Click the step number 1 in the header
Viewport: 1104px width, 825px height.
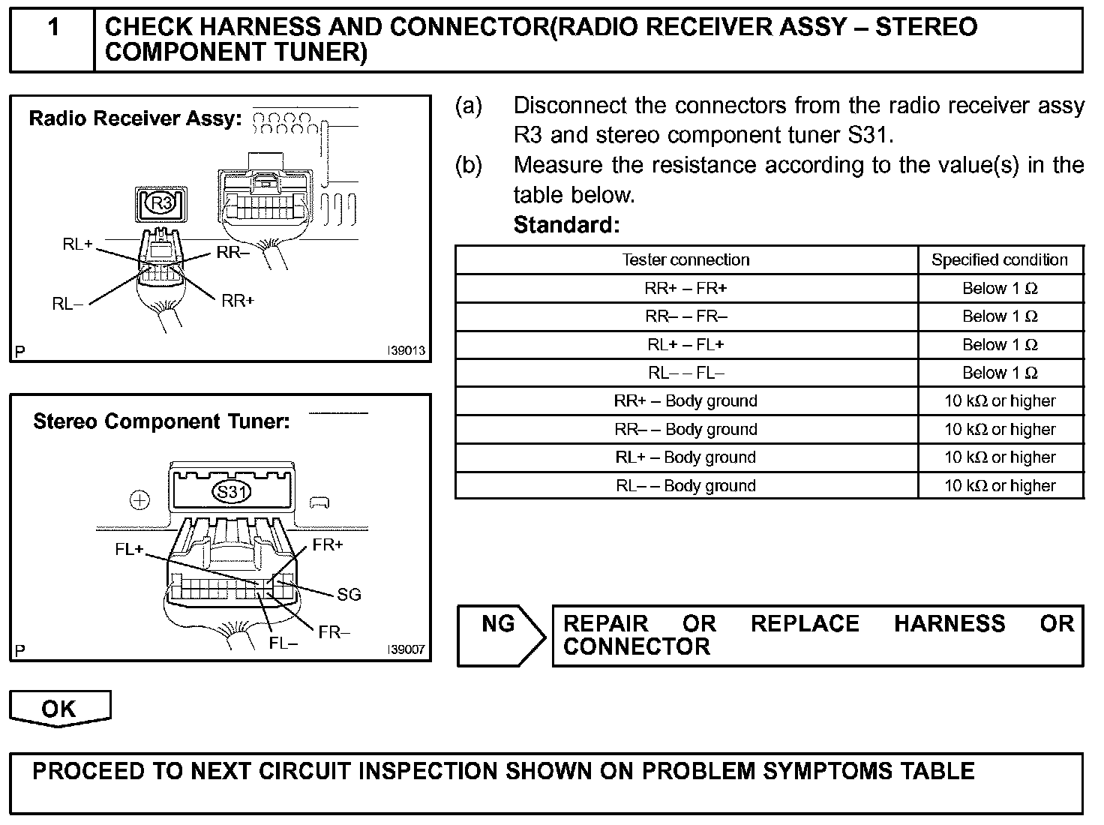point(53,28)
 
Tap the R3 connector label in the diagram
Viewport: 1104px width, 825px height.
point(161,203)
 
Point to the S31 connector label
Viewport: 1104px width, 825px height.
point(232,493)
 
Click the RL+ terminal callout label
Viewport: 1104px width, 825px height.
point(77,244)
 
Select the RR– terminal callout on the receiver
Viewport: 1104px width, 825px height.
point(233,253)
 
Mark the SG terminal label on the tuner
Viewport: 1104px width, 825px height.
point(349,595)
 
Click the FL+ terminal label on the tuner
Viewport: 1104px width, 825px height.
point(129,550)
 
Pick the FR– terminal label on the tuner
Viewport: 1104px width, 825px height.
point(334,632)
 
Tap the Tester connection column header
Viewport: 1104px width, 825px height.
point(685,260)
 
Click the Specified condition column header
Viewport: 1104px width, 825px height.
point(1000,260)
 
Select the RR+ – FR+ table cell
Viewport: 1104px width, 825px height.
point(685,289)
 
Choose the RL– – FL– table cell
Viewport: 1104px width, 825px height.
point(685,373)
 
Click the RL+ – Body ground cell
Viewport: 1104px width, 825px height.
point(685,457)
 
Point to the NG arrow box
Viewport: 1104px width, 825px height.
point(500,636)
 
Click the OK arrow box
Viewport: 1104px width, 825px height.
point(59,709)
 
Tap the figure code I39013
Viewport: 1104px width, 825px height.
point(406,351)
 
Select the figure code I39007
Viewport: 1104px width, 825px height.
point(406,649)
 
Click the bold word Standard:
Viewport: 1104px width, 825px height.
point(566,225)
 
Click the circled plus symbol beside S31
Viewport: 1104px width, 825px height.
point(140,500)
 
